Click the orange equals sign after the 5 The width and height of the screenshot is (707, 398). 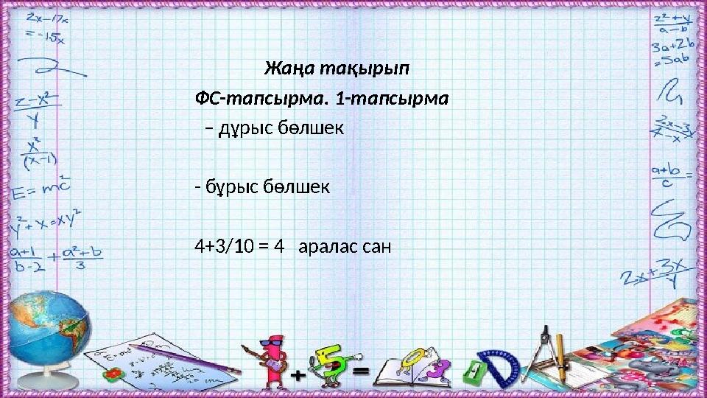(x=361, y=372)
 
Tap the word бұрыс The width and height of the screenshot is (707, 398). (x=231, y=187)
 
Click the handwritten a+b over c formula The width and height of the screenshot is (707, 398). (x=669, y=176)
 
